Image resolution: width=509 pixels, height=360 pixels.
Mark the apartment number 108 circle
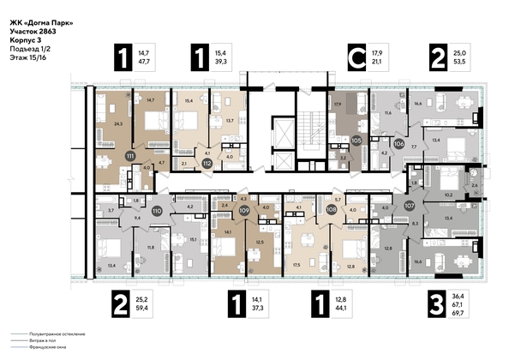[332, 207]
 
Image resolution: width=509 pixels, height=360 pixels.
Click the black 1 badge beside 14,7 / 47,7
[119, 60]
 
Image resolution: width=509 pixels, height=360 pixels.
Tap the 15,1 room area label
[195, 240]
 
